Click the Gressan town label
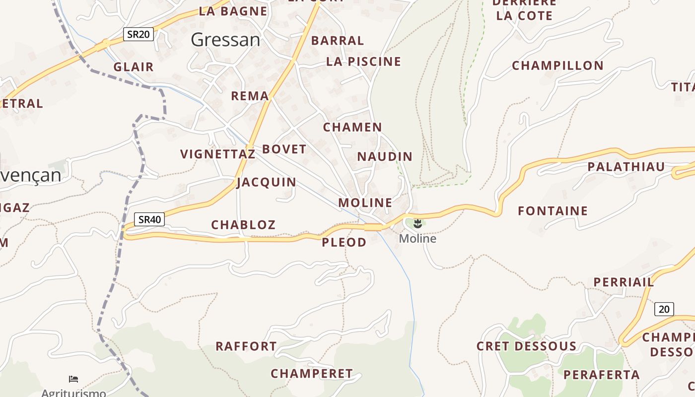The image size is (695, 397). coord(225,40)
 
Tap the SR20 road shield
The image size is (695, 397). coord(139,34)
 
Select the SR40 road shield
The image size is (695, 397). coord(149,219)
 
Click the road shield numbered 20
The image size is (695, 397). coord(664,309)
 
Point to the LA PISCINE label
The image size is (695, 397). coord(363,62)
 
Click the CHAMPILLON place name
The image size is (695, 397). coord(557,66)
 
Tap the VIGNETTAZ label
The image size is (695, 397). coord(217,154)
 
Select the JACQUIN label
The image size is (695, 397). coord(267,182)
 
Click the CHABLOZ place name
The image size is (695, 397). coord(243,225)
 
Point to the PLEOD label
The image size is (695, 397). coord(344,242)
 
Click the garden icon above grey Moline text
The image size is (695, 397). coord(417,224)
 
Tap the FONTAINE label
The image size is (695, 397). coord(553,211)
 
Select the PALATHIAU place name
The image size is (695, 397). coord(626,167)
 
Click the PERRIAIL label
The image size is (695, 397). coord(624,282)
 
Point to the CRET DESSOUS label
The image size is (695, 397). coord(526,346)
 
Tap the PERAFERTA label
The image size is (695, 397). coord(602,375)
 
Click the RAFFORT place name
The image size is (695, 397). coord(246,346)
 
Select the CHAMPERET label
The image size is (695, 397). coord(311,373)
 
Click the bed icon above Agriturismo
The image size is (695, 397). coord(73,380)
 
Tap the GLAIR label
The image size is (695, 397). coord(134,67)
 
